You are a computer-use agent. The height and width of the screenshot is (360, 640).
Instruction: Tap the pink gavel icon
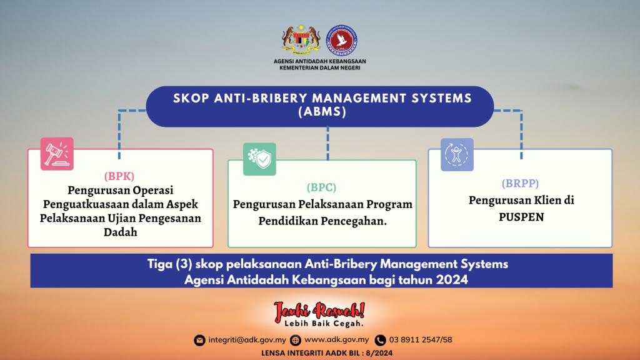[57, 154]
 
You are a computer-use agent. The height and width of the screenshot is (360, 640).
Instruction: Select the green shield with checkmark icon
[259, 159]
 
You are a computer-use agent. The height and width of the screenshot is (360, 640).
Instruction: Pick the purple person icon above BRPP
[457, 154]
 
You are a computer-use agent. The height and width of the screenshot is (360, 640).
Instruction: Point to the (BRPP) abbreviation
[520, 183]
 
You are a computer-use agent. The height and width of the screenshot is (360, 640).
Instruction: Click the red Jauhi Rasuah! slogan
[319, 311]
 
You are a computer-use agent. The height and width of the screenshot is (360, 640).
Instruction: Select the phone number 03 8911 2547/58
[420, 340]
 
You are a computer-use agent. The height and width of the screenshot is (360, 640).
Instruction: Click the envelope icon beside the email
[199, 340]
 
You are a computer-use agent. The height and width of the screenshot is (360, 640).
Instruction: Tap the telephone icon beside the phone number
[380, 340]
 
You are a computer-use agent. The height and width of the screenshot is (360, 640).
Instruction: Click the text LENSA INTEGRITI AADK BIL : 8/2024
[319, 353]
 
